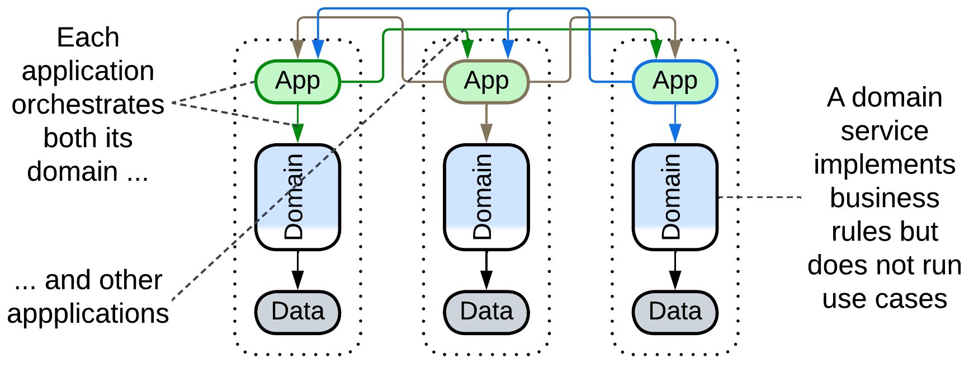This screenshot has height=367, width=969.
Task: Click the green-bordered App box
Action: tap(297, 82)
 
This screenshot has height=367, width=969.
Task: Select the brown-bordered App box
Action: tap(486, 82)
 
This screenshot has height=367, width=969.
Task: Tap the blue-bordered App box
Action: tap(674, 82)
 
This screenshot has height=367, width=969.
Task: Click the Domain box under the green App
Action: tap(297, 197)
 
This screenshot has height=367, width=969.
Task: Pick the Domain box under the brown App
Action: tap(486, 197)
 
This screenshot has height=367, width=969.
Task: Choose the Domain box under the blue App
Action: tap(674, 197)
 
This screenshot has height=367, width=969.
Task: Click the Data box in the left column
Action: tap(297, 312)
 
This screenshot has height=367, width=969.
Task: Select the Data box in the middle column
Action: tap(486, 312)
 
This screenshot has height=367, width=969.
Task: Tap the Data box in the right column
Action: tap(674, 312)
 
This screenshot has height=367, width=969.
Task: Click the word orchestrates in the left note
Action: tap(88, 105)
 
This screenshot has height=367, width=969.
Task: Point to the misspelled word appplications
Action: tap(88, 313)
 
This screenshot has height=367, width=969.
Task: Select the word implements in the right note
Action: tap(884, 164)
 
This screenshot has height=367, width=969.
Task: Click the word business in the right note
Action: tap(884, 198)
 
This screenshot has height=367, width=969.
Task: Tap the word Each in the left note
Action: tap(88, 37)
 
